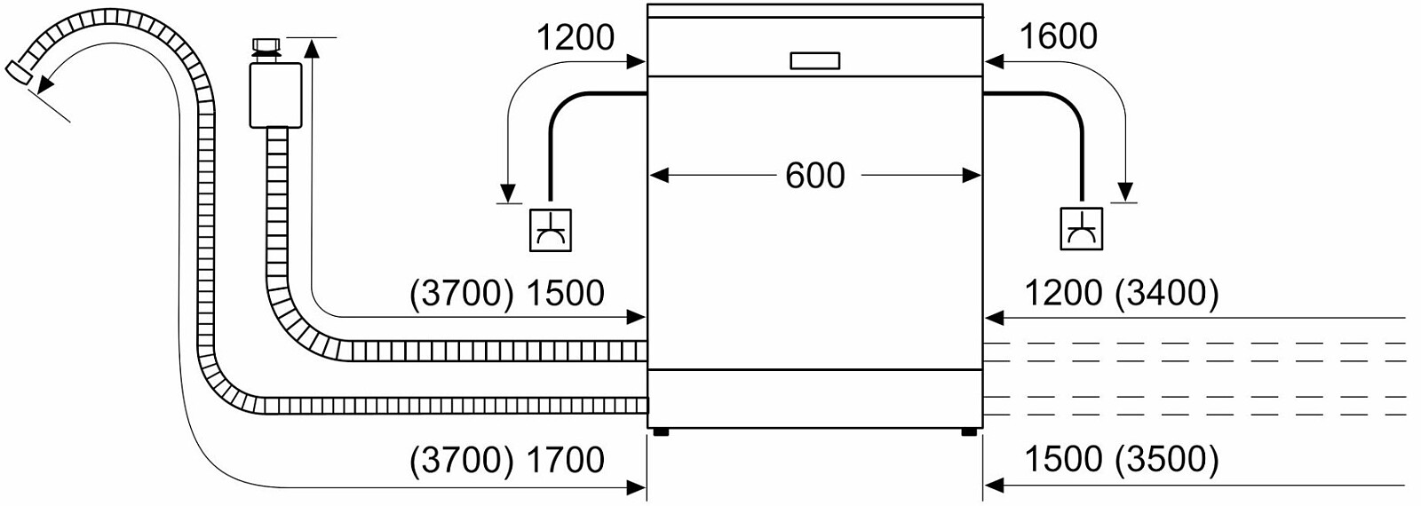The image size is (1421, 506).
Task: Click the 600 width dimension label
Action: [x=814, y=176]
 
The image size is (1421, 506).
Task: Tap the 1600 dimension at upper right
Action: [x=1057, y=36]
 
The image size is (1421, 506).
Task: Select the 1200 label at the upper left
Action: [x=575, y=37]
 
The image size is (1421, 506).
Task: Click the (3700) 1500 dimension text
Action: [x=507, y=293]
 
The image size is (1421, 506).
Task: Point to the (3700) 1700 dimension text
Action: [x=507, y=460]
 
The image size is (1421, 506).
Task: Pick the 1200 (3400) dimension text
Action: [x=1121, y=293]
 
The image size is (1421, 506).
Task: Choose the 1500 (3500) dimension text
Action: [x=1121, y=460]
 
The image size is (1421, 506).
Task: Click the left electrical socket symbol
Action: [x=550, y=230]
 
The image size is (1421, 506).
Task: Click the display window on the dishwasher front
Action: [x=814, y=60]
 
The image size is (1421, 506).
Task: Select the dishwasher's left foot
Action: [x=660, y=432]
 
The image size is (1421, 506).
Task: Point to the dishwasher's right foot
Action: [x=969, y=432]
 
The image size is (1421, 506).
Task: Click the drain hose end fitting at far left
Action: [x=18, y=73]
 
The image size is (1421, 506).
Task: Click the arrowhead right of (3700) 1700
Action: [x=636, y=486]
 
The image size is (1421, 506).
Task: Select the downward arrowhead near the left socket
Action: [x=508, y=193]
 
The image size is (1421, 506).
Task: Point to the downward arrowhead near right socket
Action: [x=1125, y=192]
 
